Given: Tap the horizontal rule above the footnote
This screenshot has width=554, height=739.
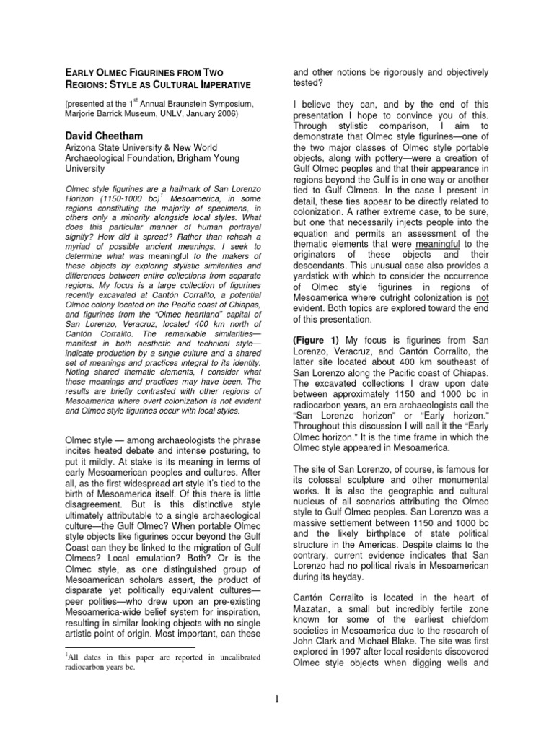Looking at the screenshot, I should [x=110, y=647].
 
